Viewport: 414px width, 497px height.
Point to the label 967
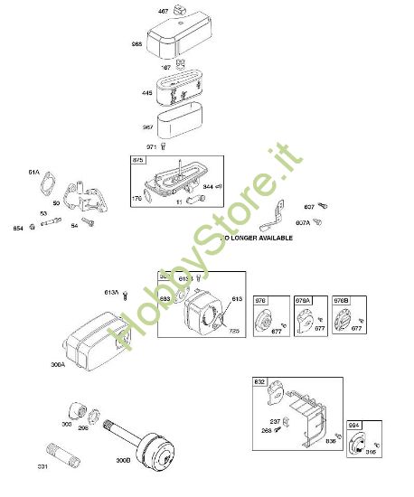[x=149, y=127]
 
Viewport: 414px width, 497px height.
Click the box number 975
[x=138, y=160]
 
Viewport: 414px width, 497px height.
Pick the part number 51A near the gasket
[x=34, y=172]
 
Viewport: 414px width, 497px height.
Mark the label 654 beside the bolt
[x=17, y=228]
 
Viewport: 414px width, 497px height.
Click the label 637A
[x=304, y=221]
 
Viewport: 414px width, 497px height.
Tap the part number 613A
[x=111, y=292]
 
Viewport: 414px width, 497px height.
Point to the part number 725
[x=232, y=330]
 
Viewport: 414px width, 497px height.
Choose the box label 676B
[x=341, y=299]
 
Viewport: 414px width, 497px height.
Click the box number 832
[x=259, y=382]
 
